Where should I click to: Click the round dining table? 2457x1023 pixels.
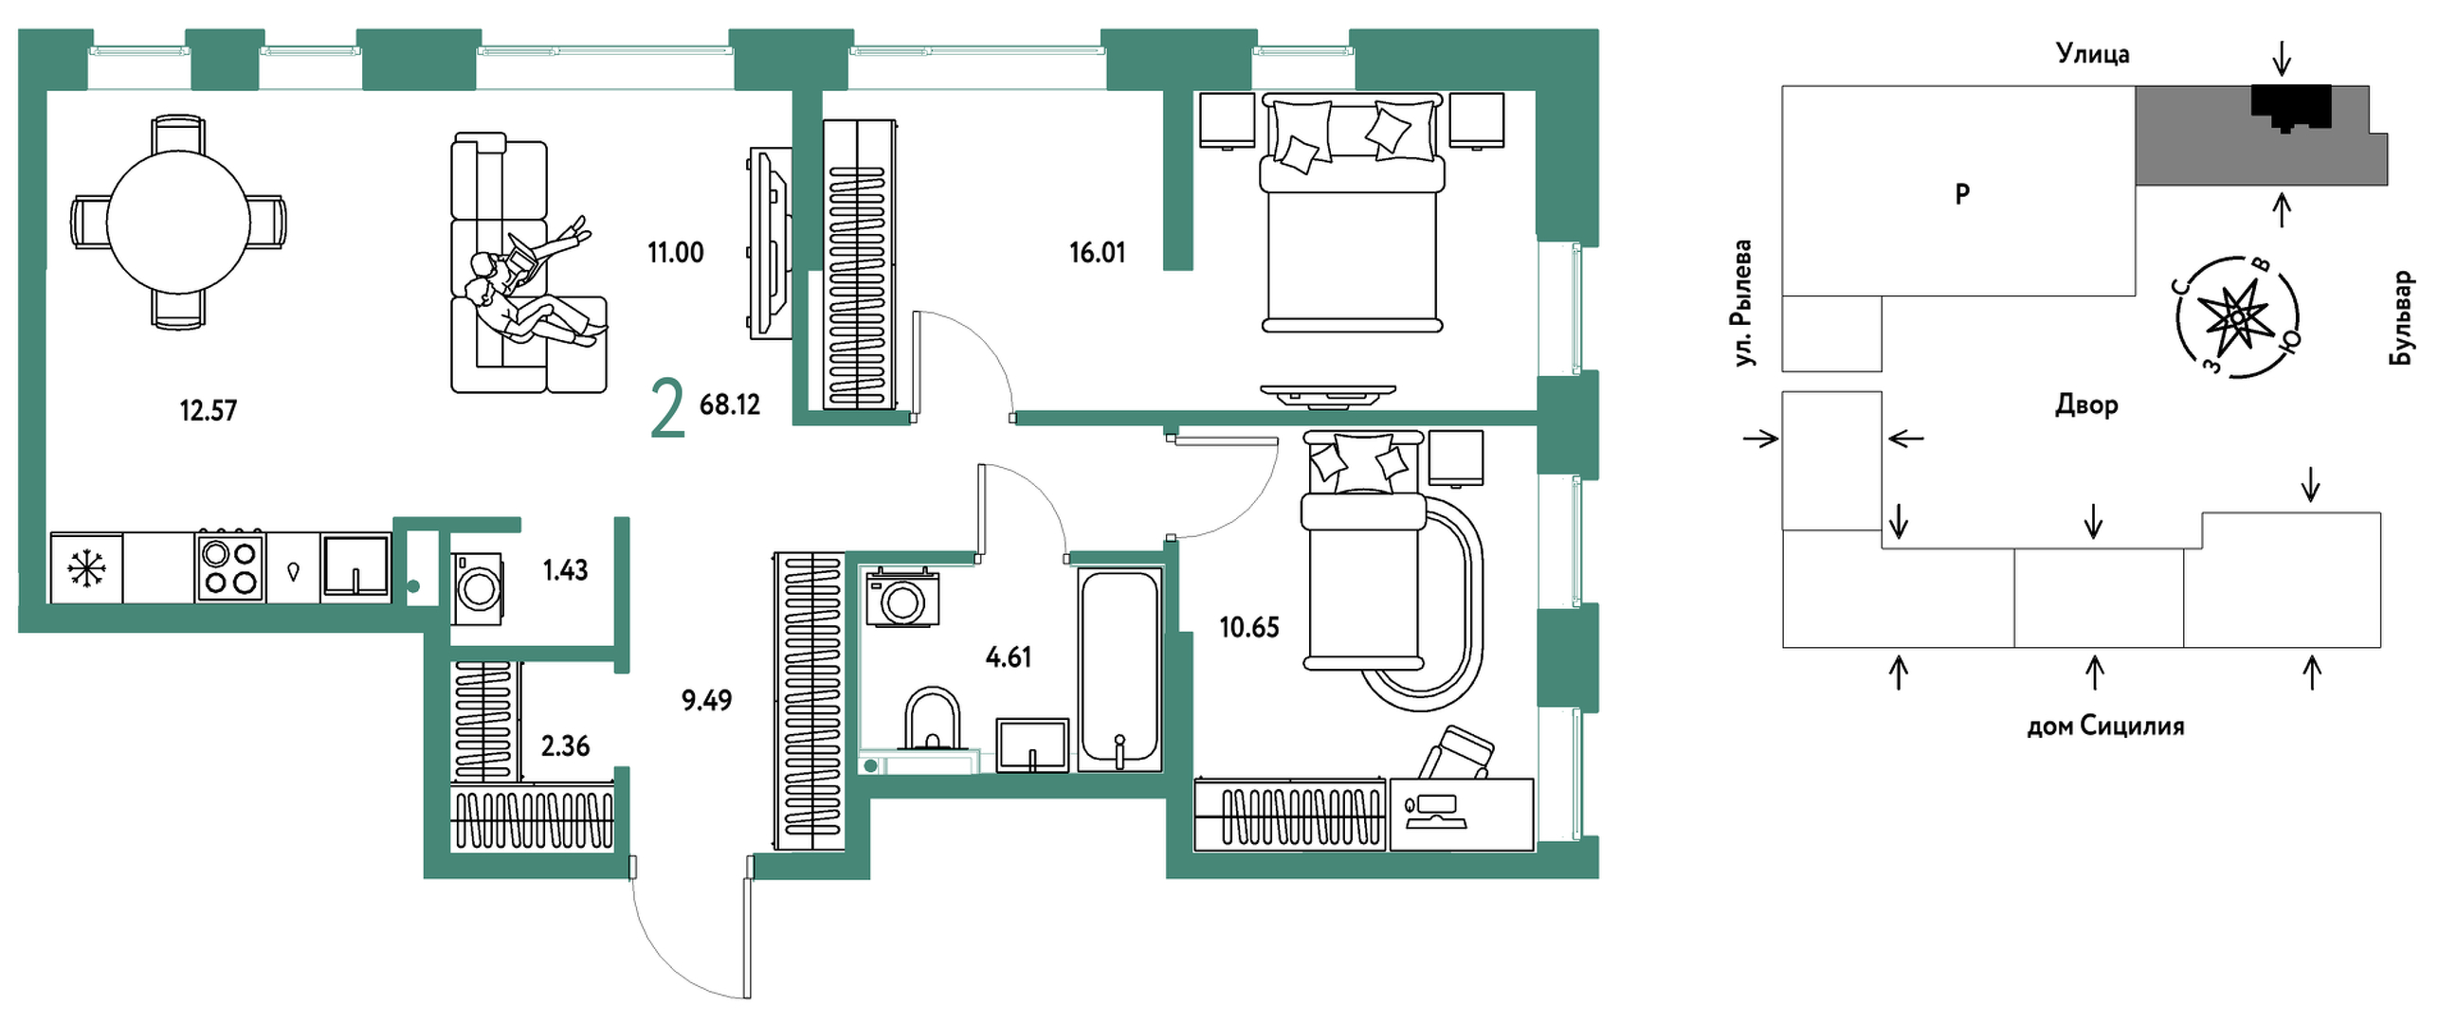178,224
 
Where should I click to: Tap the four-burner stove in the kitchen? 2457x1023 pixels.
229,567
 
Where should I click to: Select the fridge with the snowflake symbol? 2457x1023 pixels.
86,568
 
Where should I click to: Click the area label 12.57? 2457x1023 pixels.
208,411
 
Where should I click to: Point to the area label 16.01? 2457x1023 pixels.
1097,253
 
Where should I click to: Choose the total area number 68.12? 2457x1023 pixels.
730,404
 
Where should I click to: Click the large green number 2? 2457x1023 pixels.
667,407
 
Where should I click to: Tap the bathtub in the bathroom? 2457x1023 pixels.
1119,670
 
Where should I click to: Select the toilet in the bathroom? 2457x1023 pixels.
932,720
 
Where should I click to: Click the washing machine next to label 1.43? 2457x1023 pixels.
478,588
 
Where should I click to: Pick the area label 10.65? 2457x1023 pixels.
1248,627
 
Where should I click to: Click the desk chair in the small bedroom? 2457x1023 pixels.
1453,753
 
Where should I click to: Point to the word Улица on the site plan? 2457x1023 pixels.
2093,54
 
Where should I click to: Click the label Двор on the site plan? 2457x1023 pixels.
2086,404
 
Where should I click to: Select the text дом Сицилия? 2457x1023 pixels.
2105,726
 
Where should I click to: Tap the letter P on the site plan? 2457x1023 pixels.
1962,193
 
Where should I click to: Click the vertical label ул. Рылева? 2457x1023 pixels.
1743,303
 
